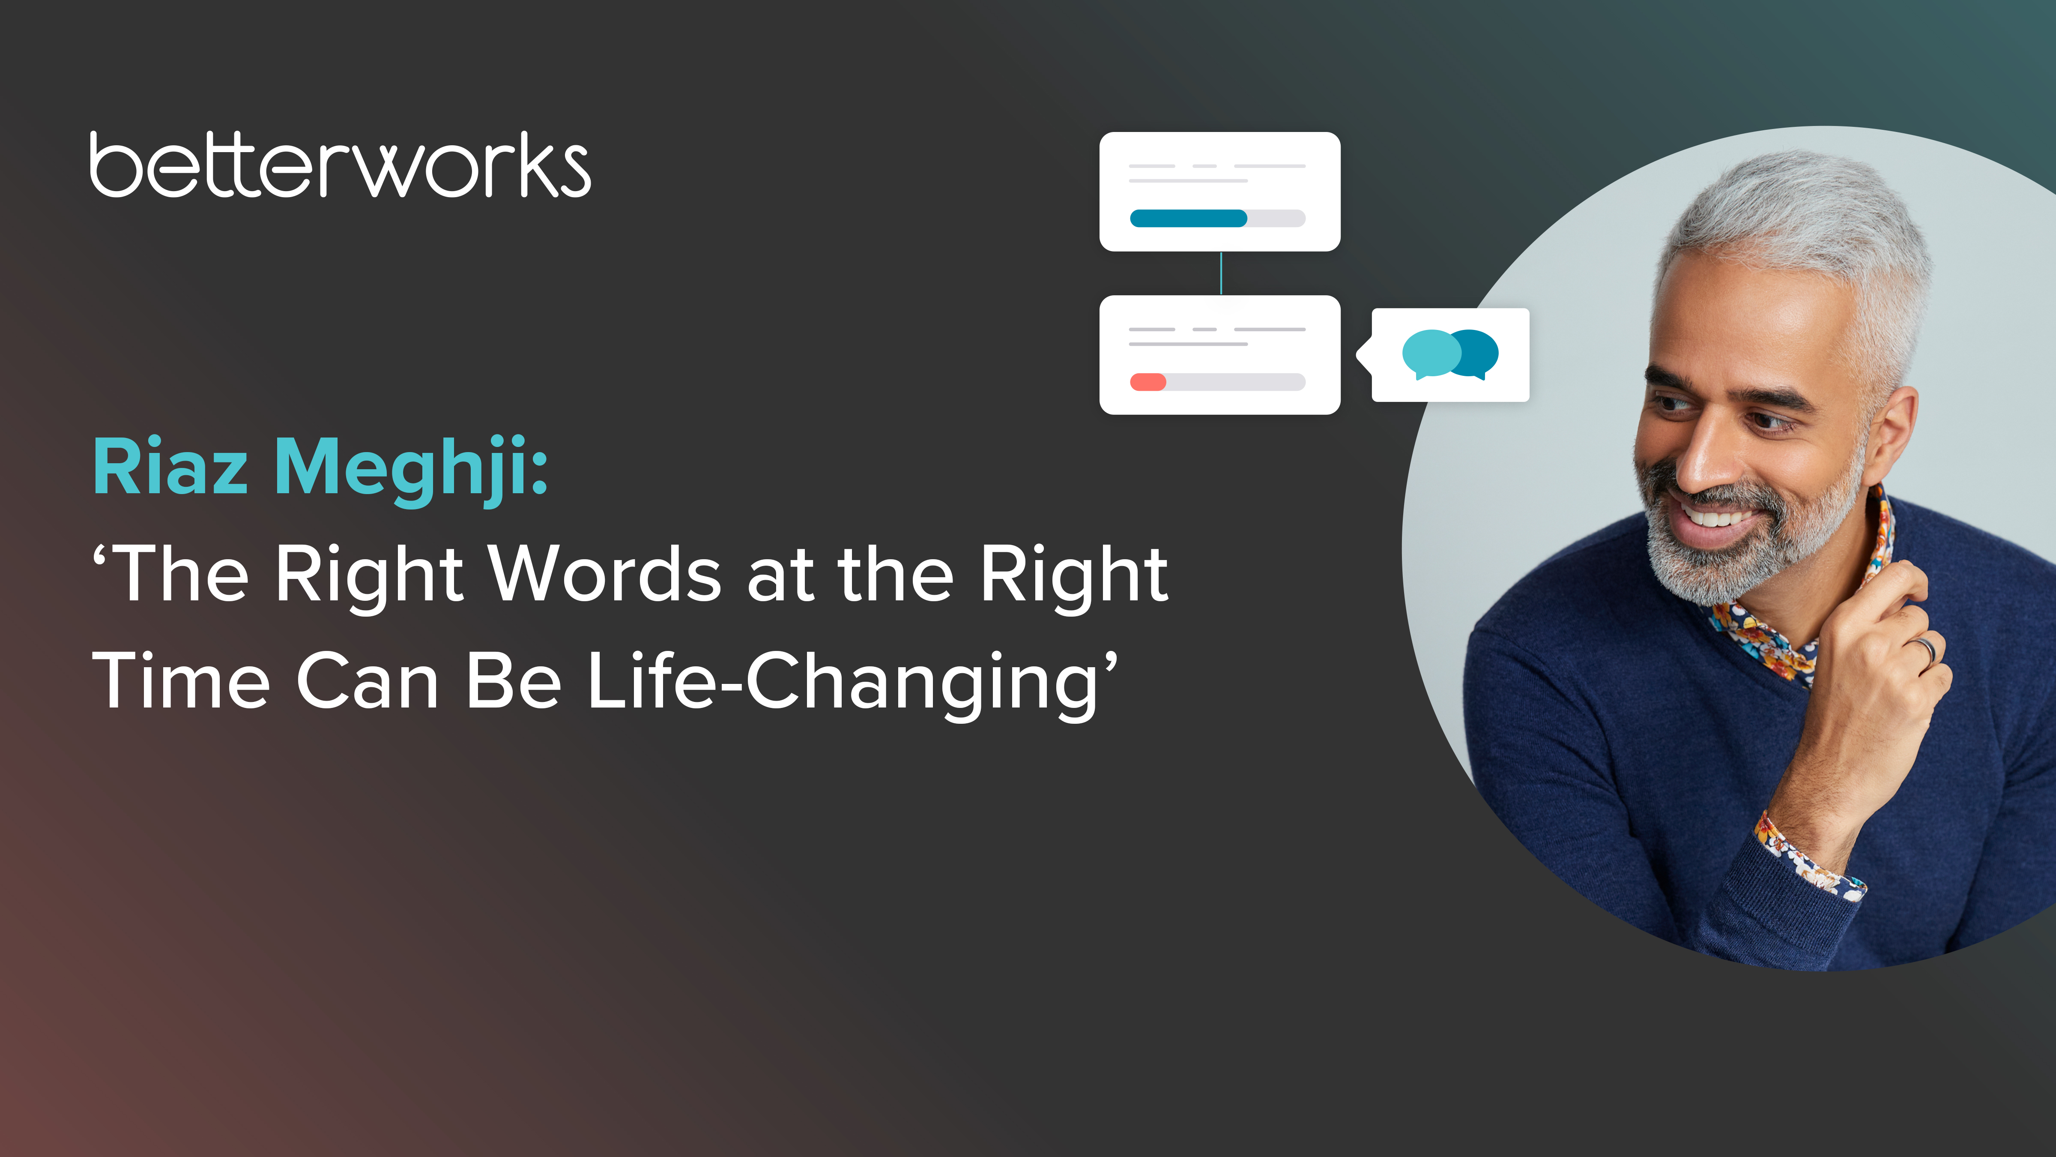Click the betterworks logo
coord(340,165)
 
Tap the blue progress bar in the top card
coord(1188,218)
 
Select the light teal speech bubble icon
coord(1430,353)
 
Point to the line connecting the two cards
coord(1220,273)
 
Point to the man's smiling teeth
coord(1716,517)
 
